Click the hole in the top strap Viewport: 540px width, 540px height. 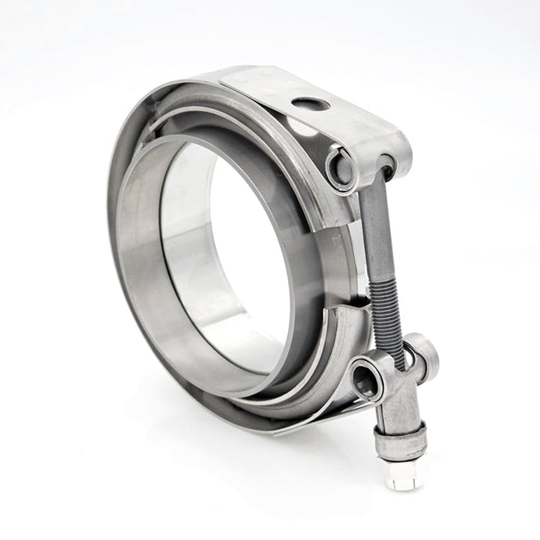pos(310,105)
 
